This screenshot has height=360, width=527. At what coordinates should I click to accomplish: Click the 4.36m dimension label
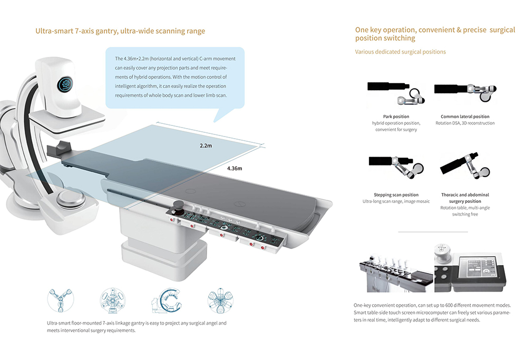(235, 169)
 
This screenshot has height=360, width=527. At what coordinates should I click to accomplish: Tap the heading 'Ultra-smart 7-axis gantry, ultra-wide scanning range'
(120, 31)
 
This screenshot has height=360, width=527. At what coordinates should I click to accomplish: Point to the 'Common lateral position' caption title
(465, 116)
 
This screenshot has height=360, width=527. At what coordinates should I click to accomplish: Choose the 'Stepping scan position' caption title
(396, 195)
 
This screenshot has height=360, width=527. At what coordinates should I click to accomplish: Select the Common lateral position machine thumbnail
(464, 90)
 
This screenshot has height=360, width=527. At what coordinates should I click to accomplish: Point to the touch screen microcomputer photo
(470, 268)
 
